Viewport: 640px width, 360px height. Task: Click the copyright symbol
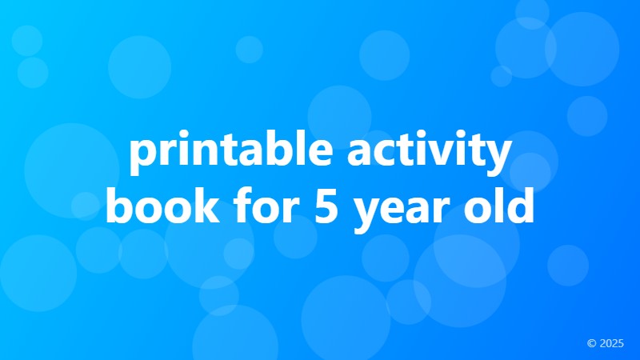coord(591,343)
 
